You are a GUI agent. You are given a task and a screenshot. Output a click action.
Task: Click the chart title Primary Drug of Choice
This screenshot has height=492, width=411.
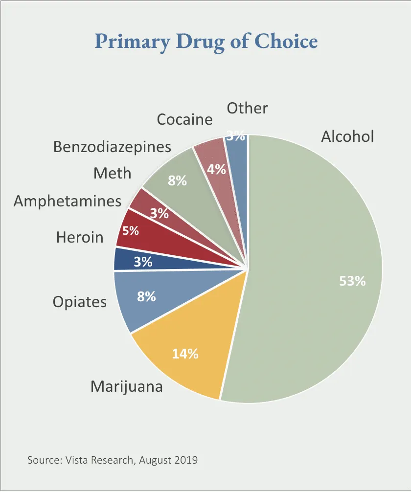pos(206,41)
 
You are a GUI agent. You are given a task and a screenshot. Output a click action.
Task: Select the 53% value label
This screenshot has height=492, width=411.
pos(352,281)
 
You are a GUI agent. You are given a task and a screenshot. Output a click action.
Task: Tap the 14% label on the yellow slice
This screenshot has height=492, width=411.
pos(185,354)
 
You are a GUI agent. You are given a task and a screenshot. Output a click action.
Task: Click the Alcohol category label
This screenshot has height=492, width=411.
pos(347,136)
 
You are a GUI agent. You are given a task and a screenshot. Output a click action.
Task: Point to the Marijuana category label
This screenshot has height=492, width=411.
pos(127,387)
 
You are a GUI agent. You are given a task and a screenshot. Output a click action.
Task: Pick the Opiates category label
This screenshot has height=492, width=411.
pos(80,302)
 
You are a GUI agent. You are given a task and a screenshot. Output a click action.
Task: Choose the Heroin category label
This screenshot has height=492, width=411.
pos(80,237)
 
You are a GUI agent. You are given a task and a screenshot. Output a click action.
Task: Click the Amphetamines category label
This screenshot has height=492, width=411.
pos(68,201)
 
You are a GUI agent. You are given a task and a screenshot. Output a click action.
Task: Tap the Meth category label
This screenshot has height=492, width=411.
pos(113,173)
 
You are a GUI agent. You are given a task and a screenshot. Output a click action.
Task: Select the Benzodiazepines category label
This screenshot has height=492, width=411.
pos(113,146)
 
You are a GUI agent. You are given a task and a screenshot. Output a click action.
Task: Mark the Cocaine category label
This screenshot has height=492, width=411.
pos(184,119)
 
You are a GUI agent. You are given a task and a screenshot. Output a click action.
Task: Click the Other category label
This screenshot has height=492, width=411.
pos(248,108)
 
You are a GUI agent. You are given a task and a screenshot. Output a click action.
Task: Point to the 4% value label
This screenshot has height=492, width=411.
pos(216,170)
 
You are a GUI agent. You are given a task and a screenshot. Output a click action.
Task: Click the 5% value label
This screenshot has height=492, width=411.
pos(131,230)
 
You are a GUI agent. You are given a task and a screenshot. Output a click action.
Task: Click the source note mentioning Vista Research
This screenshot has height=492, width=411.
pos(113,460)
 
